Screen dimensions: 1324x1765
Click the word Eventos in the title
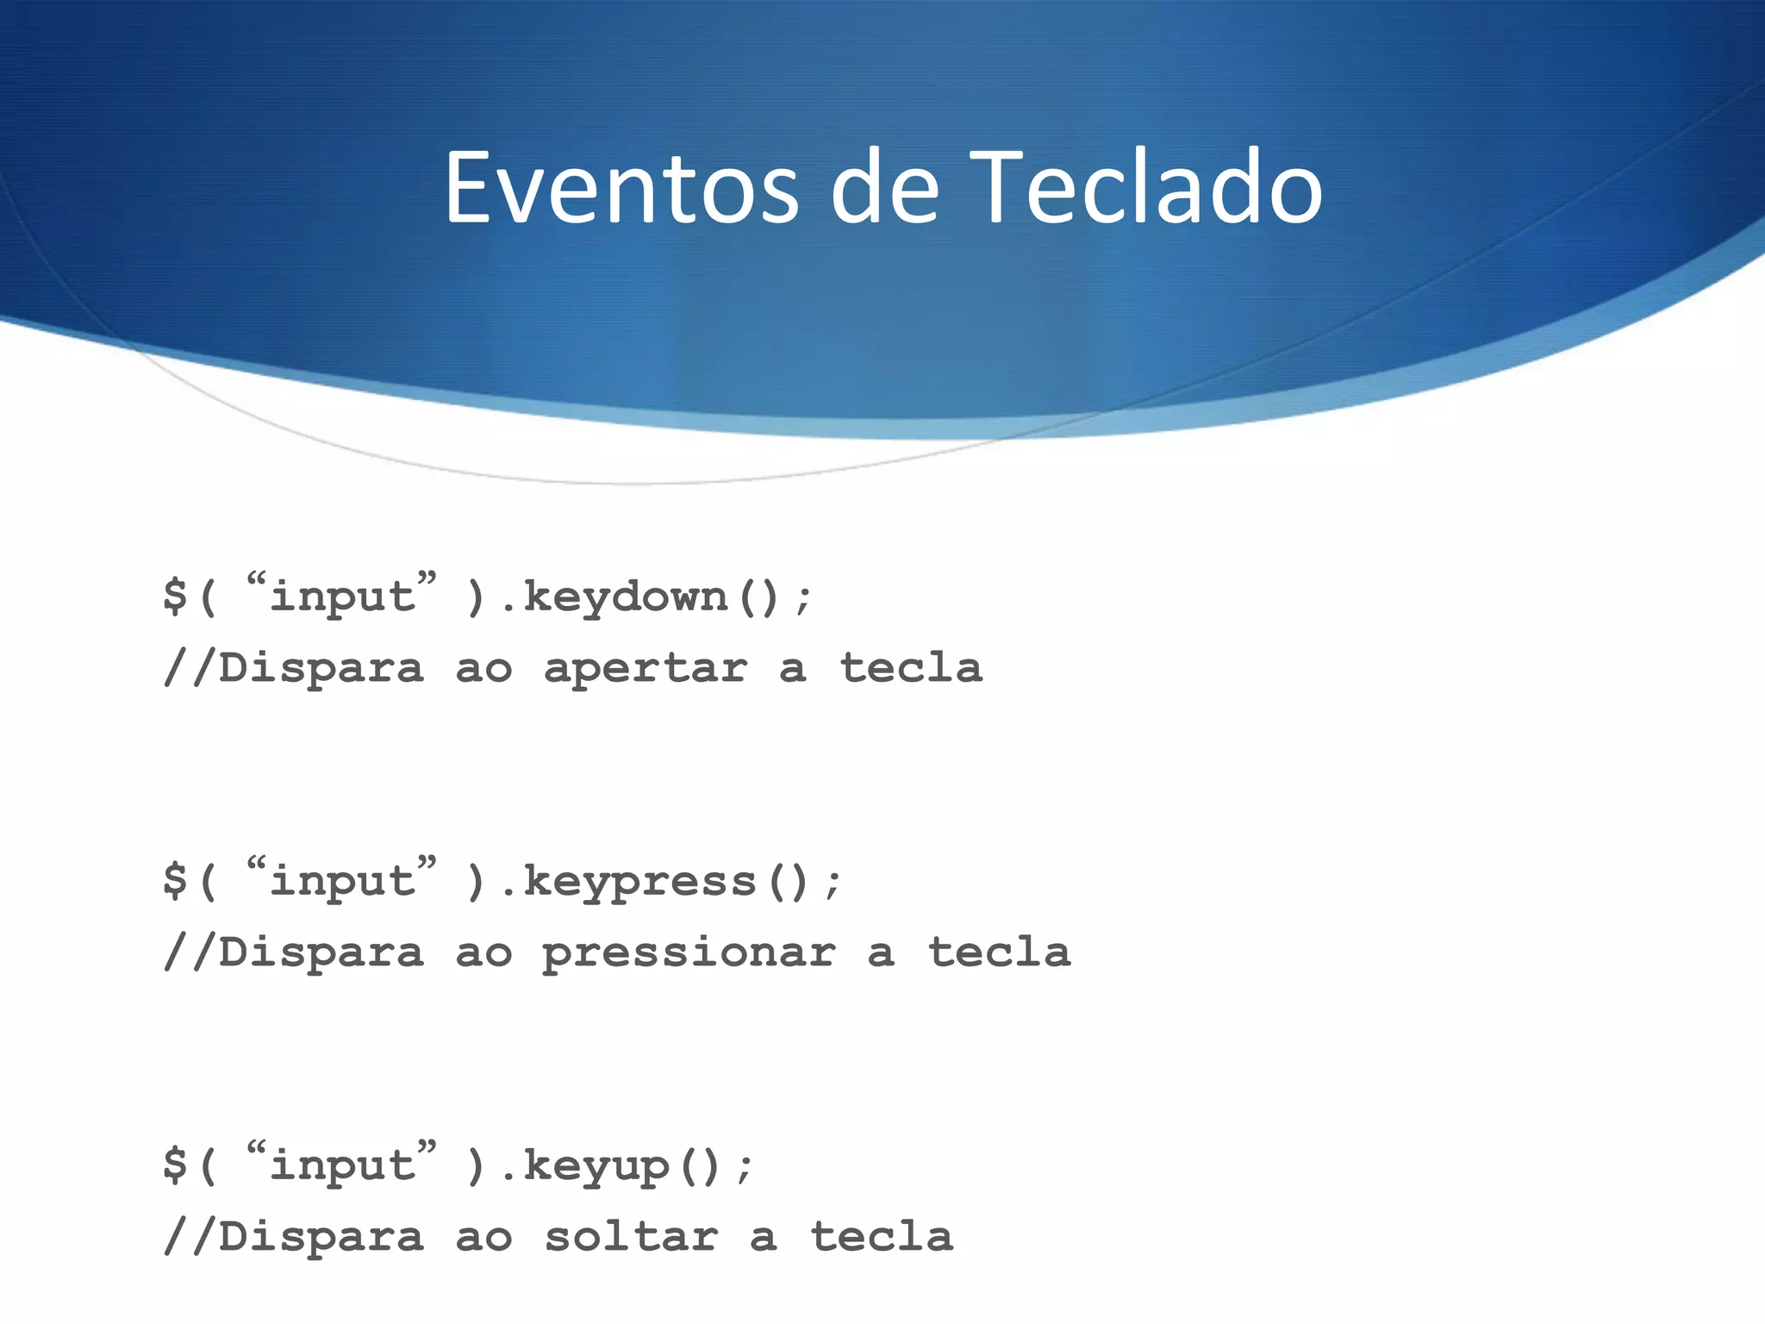621,189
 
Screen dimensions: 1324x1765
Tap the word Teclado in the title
1150,189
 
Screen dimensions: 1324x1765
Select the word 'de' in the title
884,189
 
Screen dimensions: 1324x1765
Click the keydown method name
626,597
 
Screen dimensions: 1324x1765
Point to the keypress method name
639,882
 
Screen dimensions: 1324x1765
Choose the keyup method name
596,1166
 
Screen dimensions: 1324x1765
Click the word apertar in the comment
645,669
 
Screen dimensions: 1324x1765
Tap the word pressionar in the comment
689,953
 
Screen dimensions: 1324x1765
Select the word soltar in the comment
631,1238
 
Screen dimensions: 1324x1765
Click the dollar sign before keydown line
175,596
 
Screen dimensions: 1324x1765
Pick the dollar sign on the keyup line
175,1165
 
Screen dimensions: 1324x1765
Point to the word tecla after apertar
911,668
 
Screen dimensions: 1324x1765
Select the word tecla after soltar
882,1237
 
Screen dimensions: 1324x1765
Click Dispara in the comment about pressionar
321,953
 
